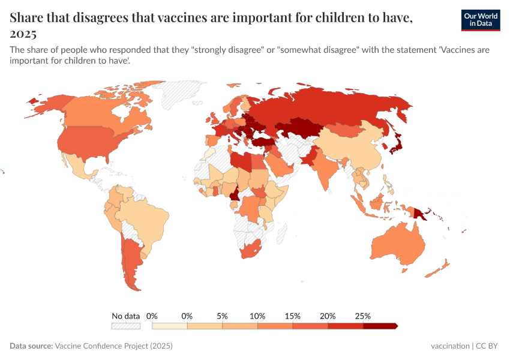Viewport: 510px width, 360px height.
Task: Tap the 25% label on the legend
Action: click(363, 316)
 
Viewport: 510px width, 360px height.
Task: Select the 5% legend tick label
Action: click(222, 316)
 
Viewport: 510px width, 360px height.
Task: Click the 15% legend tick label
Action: click(292, 316)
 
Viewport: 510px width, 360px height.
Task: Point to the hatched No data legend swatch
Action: click(125, 326)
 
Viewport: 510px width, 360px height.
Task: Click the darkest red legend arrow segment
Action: click(380, 326)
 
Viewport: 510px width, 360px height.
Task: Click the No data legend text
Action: click(125, 316)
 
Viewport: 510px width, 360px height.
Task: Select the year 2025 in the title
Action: click(23, 34)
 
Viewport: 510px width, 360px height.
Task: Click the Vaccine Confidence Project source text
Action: click(113, 346)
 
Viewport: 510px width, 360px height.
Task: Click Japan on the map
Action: click(395, 144)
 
